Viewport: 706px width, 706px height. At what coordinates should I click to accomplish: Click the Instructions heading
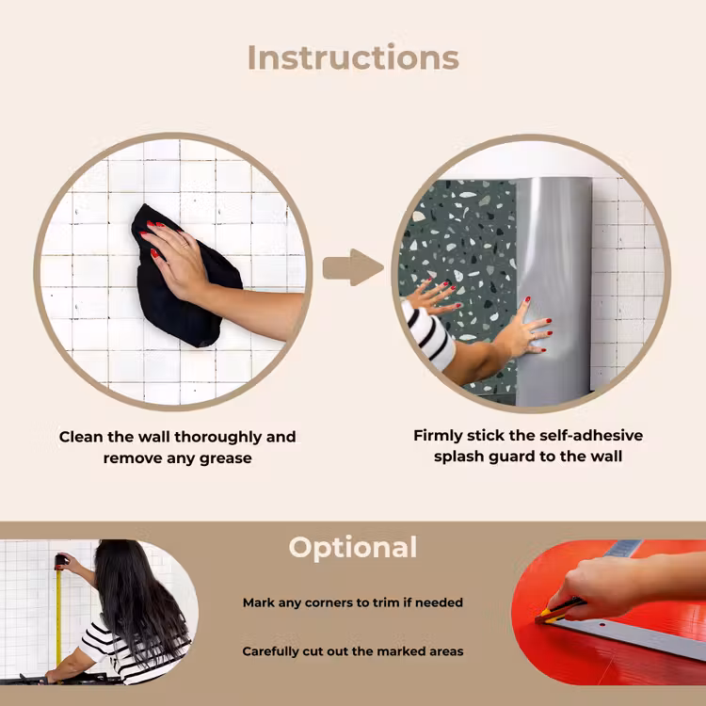click(353, 57)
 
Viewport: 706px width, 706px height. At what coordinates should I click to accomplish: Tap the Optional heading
click(353, 548)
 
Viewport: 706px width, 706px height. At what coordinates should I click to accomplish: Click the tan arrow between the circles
click(353, 267)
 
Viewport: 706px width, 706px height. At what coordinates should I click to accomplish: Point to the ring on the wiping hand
click(185, 246)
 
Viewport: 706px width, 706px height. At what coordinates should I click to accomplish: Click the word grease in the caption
click(226, 458)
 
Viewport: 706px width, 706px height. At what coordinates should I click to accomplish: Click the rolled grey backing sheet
click(554, 291)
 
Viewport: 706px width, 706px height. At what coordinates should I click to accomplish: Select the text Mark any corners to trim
click(322, 602)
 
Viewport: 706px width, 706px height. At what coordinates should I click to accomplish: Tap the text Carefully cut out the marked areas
click(353, 651)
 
